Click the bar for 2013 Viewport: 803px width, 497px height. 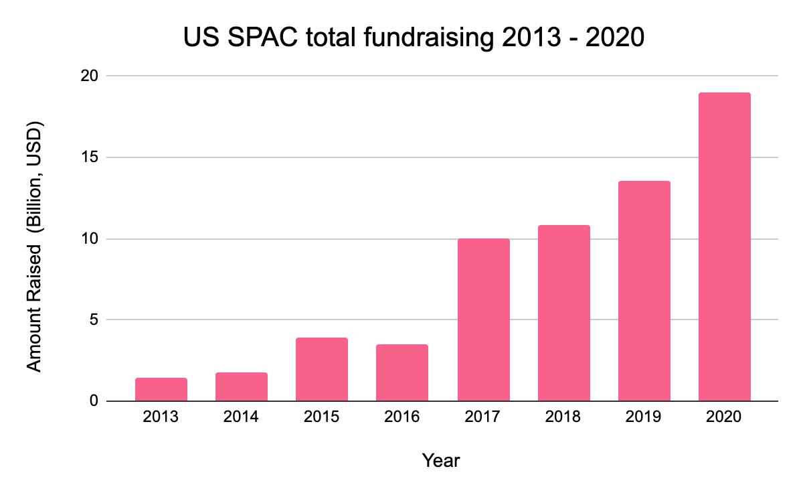pos(161,390)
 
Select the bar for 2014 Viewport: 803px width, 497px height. pos(242,387)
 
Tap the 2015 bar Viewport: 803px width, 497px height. pos(322,370)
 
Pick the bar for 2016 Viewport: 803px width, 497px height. pos(402,373)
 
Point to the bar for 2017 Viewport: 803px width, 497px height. pos(483,320)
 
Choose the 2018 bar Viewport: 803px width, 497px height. pos(563,313)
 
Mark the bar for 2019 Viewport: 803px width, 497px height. pos(644,291)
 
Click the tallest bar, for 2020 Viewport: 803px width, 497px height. pos(724,247)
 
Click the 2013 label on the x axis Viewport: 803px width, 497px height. pos(161,417)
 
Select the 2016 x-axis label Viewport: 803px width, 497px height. pos(402,417)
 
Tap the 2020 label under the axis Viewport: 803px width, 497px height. pos(724,417)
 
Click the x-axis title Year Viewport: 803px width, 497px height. pos(441,461)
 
